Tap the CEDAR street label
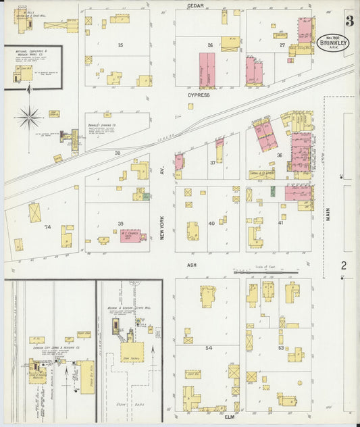pos(196,5)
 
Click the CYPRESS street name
pos(199,95)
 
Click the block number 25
pos(120,45)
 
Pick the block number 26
pos(210,45)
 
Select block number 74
pos(47,228)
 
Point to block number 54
pos(209,347)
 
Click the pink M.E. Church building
pos(130,236)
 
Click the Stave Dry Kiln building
pos(85,372)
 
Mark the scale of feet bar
pos(264,272)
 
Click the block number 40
pos(211,223)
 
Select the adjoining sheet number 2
pos(343,266)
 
